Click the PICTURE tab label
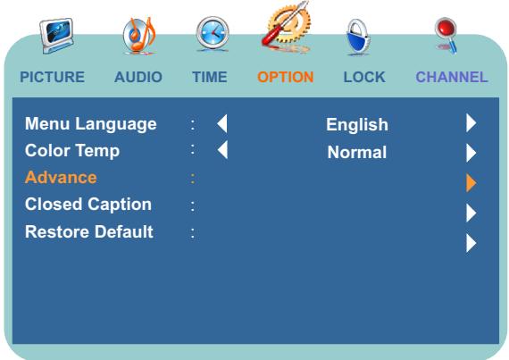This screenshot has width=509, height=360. click(53, 77)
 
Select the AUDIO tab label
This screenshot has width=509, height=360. click(138, 77)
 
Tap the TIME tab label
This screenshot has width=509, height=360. click(209, 77)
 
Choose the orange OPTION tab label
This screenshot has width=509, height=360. click(286, 77)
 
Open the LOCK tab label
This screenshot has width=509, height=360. click(364, 77)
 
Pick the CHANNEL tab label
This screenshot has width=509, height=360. click(452, 77)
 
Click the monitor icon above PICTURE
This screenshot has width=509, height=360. click(56, 36)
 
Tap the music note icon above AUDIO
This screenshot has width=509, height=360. click(139, 36)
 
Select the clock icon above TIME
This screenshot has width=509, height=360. click(213, 34)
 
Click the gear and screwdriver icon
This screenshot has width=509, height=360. click(287, 28)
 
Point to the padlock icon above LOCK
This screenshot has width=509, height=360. click(358, 37)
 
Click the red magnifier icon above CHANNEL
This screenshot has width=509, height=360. click(446, 35)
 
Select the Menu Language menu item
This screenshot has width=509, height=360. click(91, 124)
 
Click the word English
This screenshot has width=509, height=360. click(357, 125)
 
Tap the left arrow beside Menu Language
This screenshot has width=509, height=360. click(222, 123)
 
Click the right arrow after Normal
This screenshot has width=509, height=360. click(471, 153)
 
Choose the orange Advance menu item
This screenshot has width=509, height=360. click(61, 178)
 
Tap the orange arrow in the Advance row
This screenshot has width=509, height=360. click(471, 183)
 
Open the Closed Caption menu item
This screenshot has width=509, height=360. click(88, 205)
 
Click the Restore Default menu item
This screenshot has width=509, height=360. click(89, 231)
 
